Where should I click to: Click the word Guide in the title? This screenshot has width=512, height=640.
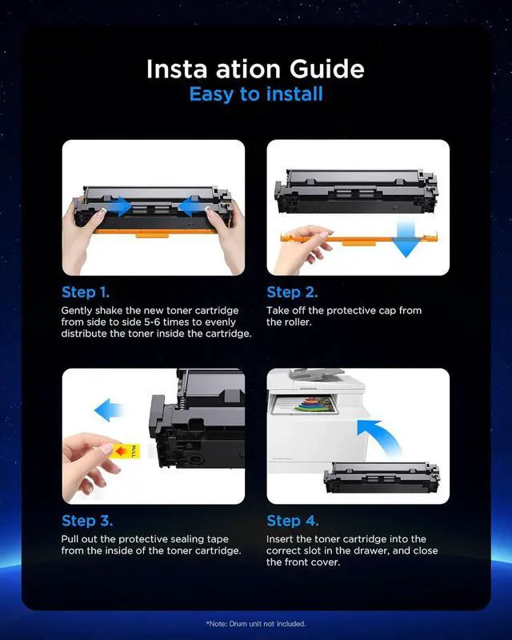coord(326,69)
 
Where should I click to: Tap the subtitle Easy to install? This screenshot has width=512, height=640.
coord(256,94)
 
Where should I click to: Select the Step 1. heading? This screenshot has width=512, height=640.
coord(86,292)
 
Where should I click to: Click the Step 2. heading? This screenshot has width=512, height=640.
coord(292,292)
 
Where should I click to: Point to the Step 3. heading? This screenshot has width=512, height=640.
coord(87,521)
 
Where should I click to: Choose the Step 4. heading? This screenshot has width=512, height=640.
coord(292,521)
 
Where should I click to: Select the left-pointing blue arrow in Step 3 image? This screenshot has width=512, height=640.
coord(107,410)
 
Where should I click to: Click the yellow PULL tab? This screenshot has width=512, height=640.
coord(126,451)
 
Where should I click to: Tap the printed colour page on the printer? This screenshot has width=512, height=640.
coord(304,406)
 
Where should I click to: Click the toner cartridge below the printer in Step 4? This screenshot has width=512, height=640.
coord(382,478)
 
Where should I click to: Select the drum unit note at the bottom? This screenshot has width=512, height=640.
coord(256,624)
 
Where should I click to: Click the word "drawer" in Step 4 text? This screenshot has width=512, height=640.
coord(370,550)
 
